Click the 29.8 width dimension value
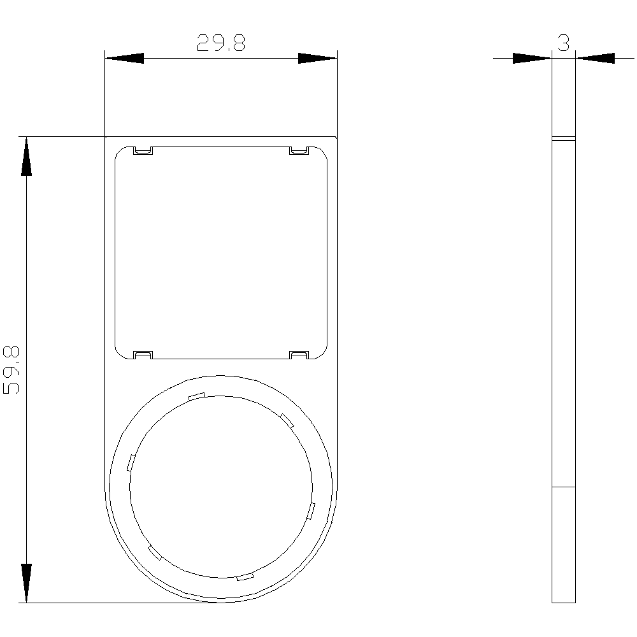[221, 43]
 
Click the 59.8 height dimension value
[11, 369]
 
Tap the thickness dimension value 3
[564, 43]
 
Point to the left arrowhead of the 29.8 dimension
[124, 58]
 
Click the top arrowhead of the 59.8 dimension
[26, 157]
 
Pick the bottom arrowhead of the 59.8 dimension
[26, 583]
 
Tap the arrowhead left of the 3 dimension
[532, 58]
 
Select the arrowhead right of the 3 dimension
[595, 58]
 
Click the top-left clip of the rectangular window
[143, 151]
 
